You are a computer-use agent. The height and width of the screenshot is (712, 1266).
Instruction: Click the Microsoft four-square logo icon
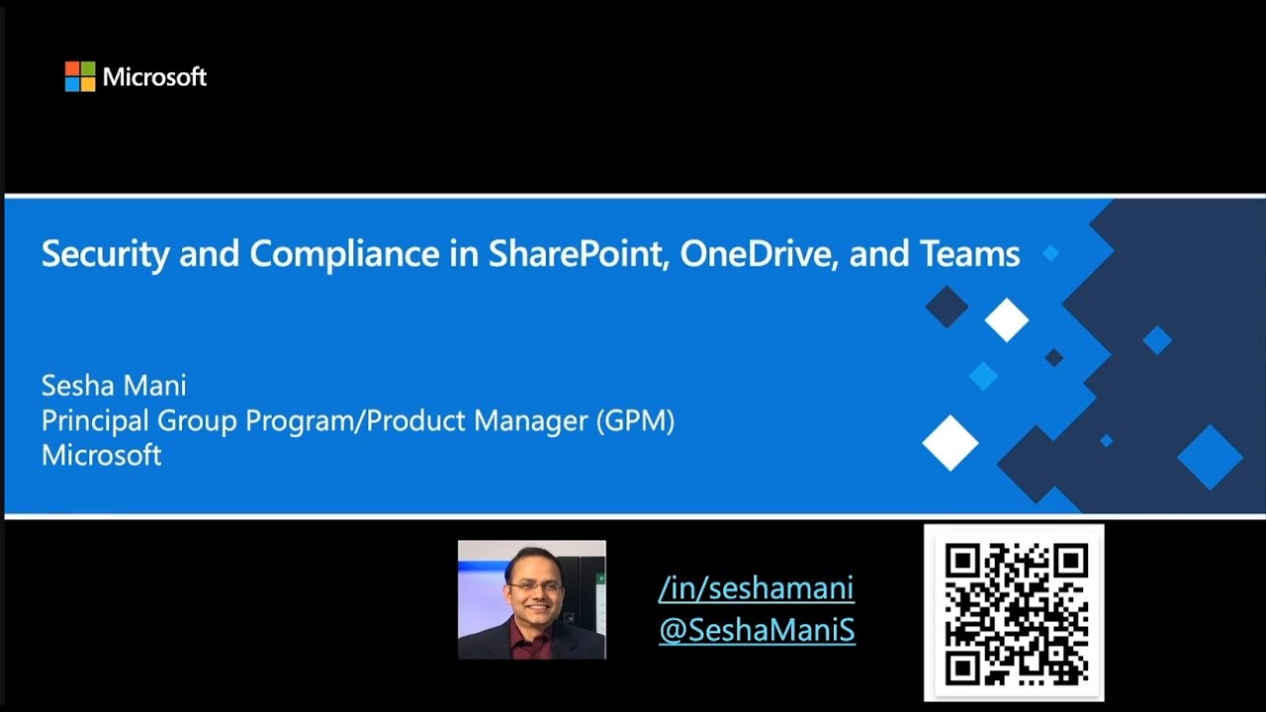(x=80, y=76)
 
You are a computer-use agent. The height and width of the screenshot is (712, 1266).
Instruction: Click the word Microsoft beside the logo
(x=154, y=77)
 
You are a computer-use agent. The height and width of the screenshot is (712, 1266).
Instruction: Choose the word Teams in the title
(x=969, y=254)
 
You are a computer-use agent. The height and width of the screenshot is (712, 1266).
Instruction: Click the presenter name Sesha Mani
(x=114, y=386)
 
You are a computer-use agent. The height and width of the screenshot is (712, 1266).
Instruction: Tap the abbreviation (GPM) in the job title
(x=634, y=421)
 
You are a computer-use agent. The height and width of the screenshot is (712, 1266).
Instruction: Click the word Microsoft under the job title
(x=101, y=455)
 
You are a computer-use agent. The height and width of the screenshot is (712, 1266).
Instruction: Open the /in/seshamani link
(x=756, y=588)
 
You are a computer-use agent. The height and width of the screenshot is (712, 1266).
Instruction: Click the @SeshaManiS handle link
(x=757, y=630)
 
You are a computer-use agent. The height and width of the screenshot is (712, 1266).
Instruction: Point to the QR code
(x=1014, y=613)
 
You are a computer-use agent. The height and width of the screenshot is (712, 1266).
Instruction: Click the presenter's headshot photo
(x=531, y=599)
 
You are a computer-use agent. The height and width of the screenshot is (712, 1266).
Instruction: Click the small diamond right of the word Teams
(x=1050, y=253)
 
